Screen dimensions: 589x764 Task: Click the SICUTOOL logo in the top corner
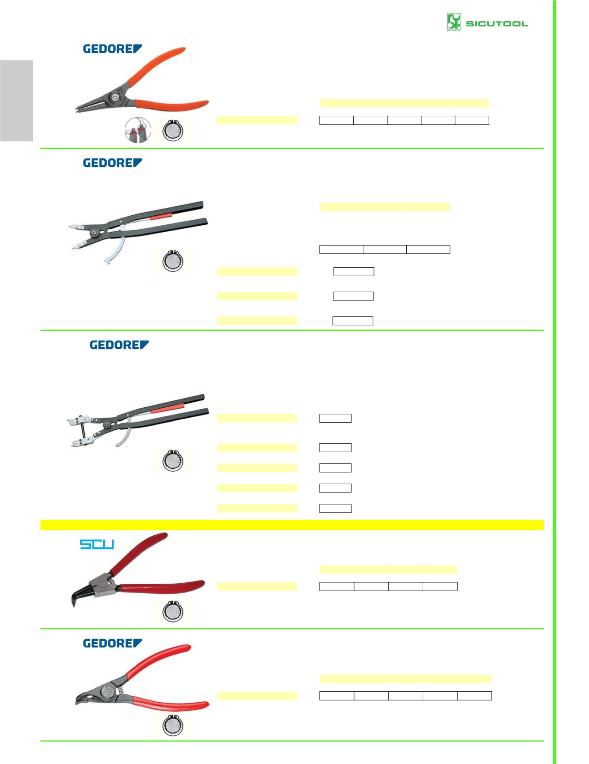coord(487,22)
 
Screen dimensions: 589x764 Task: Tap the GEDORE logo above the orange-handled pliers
coord(112,49)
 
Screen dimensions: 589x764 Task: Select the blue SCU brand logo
coord(97,544)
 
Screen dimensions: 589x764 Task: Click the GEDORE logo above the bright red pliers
coord(112,643)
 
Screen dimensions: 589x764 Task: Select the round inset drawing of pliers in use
coord(138,130)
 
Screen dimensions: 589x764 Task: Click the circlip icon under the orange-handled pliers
coord(173,130)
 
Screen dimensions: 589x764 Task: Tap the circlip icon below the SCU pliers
coord(173,611)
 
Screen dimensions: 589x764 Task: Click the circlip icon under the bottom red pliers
coord(173,725)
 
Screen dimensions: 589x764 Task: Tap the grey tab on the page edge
coord(16,101)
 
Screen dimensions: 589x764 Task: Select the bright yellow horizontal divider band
coord(292,525)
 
